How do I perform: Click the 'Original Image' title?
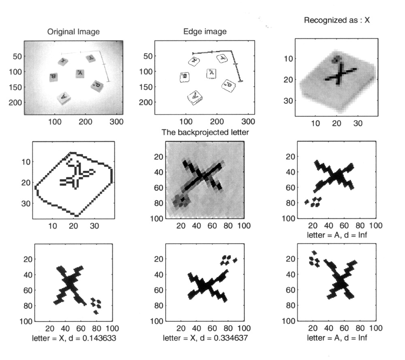click(73, 32)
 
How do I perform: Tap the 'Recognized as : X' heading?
click(337, 19)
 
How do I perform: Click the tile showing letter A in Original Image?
click(64, 97)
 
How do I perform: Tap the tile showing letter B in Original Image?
click(53, 77)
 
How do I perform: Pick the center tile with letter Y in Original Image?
click(80, 73)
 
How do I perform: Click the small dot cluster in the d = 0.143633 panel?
click(96, 304)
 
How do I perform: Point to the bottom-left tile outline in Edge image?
click(195, 97)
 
